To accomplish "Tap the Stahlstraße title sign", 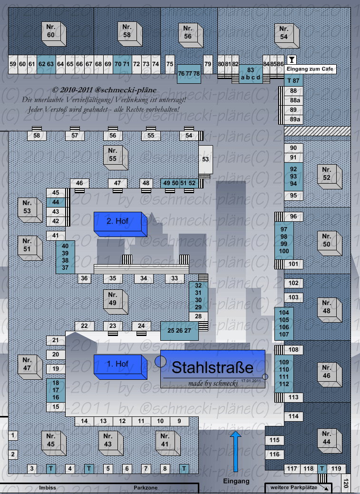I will [x=213, y=369].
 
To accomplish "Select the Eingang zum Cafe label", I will [x=311, y=69].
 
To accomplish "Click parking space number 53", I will [x=205, y=159].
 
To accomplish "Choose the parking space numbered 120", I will [x=346, y=483].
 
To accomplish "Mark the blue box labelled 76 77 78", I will [x=189, y=74].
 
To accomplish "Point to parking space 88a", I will [x=295, y=100].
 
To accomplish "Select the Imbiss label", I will [x=48, y=488].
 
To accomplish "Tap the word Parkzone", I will [x=146, y=488].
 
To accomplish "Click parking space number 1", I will [x=13, y=435].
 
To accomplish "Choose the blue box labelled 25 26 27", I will [x=179, y=330].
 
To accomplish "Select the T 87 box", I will [x=293, y=81].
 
